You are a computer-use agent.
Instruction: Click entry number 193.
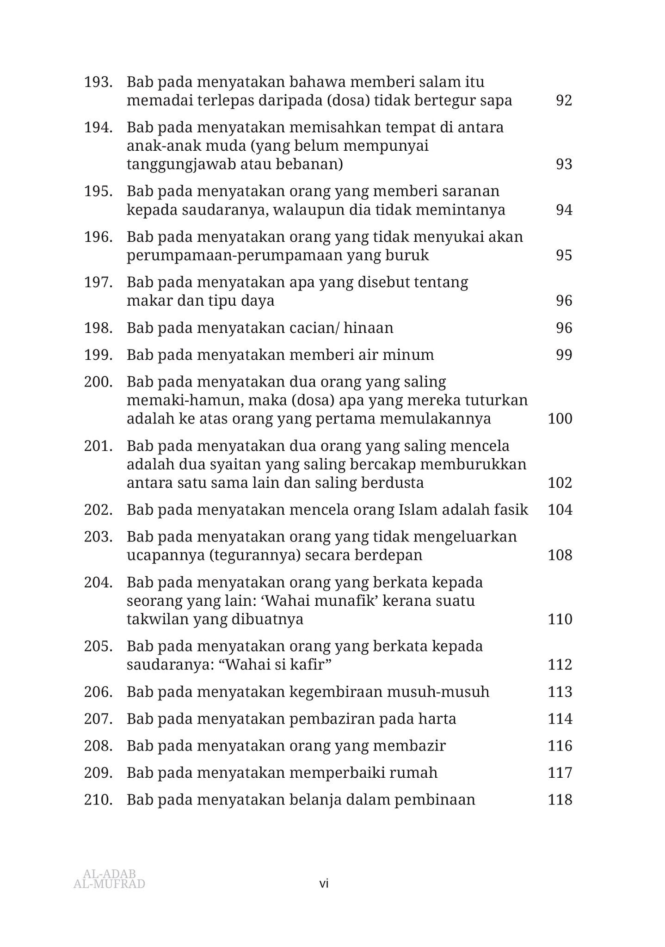coord(98,82)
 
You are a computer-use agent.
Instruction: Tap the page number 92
coord(564,101)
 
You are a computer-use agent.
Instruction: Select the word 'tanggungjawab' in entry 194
coord(181,165)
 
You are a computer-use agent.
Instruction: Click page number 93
coord(564,165)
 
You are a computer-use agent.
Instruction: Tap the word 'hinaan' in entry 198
coord(369,328)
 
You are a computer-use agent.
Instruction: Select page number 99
coord(564,355)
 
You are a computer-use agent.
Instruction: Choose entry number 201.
coord(98,446)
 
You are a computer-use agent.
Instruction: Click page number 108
coord(560,555)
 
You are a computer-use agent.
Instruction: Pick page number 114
coord(560,719)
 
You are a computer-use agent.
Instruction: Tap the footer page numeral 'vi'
coord(324,884)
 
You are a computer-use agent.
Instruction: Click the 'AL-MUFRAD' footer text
coord(109,884)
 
